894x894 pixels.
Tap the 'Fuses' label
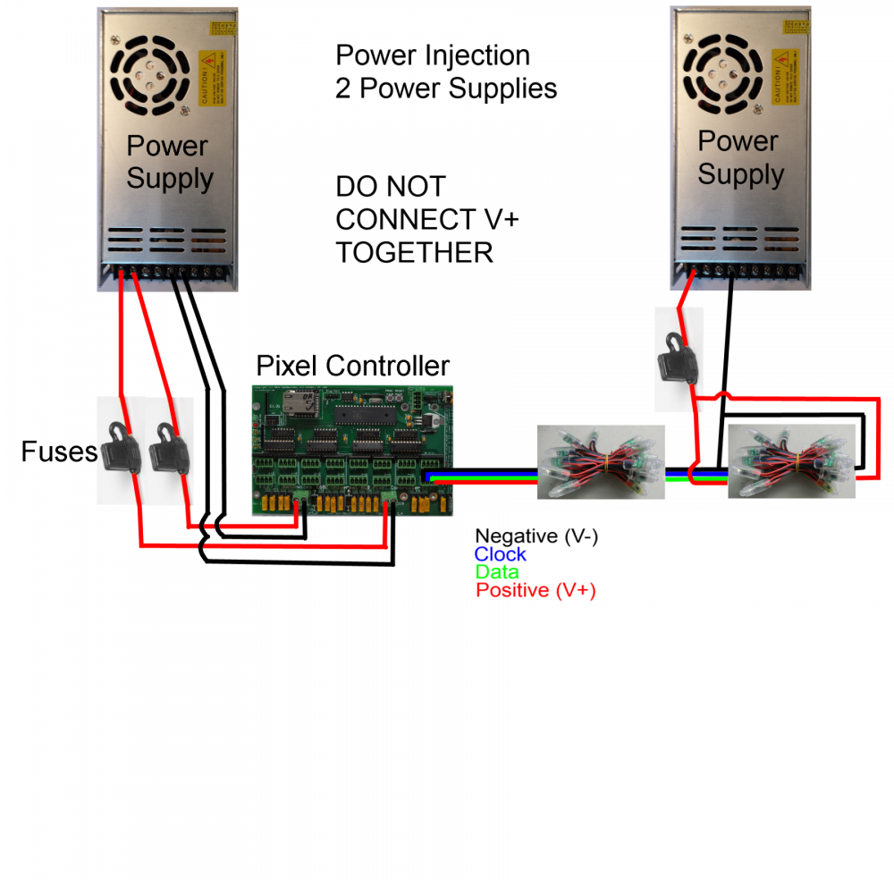[59, 451]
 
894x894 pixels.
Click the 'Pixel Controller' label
[352, 366]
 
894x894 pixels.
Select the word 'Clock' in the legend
[500, 554]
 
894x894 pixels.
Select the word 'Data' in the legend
[497, 572]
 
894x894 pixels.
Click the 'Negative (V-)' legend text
[536, 536]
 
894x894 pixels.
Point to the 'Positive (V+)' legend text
[536, 590]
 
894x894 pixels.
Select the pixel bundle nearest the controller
[601, 461]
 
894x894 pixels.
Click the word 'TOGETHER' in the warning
[414, 253]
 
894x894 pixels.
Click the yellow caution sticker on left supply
[212, 78]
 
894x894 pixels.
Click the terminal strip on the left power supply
[166, 270]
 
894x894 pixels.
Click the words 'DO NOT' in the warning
[390, 187]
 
